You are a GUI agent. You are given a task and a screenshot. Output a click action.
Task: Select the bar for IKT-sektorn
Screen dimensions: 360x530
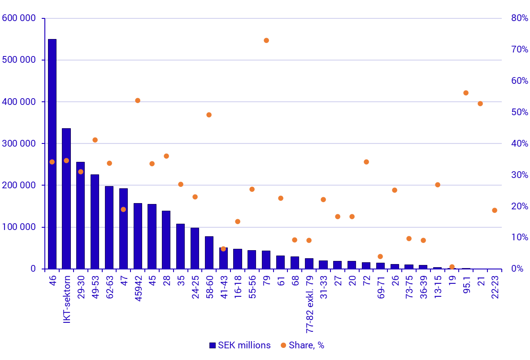(66, 199)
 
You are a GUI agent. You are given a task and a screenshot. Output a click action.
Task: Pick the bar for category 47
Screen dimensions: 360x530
(123, 229)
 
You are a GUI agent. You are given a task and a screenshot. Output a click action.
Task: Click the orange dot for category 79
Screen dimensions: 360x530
(266, 40)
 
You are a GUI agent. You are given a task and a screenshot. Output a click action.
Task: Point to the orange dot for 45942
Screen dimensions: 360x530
(138, 100)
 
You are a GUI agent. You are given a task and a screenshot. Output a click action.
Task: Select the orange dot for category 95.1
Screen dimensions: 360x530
(466, 93)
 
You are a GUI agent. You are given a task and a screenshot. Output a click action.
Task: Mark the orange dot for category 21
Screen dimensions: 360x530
(480, 104)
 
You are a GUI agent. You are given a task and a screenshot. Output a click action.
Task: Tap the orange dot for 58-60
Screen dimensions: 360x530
(209, 115)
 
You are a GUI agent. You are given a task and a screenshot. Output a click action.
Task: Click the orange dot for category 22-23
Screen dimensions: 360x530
(495, 210)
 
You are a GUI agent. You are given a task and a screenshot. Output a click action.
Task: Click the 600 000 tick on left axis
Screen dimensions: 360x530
(19, 18)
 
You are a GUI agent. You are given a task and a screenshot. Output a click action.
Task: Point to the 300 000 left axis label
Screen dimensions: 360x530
(19, 144)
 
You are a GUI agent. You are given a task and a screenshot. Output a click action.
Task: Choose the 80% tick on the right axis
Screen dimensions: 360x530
(520, 18)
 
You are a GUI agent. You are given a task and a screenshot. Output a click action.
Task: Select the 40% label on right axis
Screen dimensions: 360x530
(520, 144)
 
